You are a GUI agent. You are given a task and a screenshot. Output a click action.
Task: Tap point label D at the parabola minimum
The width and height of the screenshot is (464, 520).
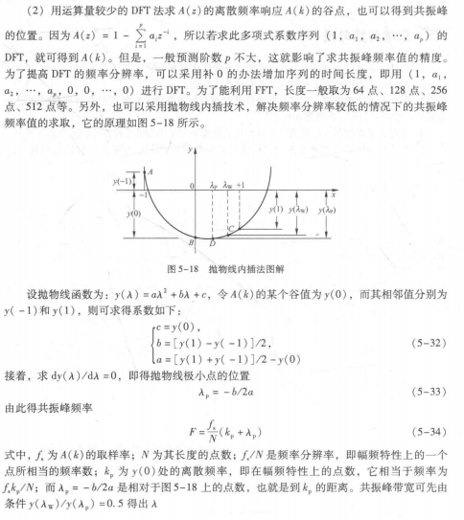(x=197, y=246)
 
